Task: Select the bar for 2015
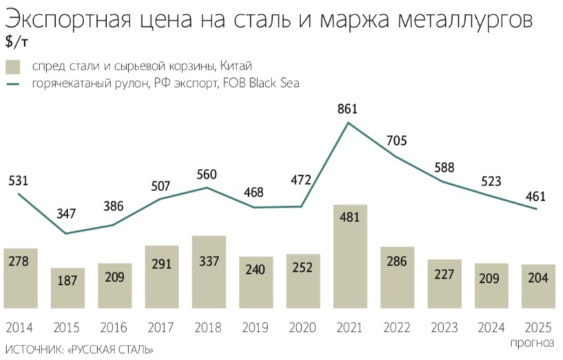click(x=68, y=288)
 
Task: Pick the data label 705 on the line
click(x=397, y=141)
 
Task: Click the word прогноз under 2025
click(x=532, y=342)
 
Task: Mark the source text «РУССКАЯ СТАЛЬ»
click(x=111, y=350)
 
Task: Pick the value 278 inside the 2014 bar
click(x=20, y=262)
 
